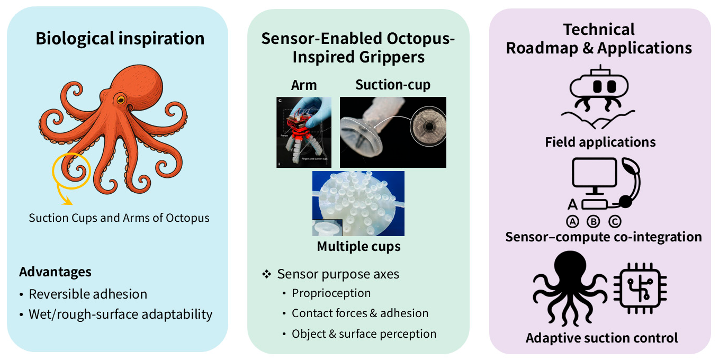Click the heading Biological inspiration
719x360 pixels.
120,39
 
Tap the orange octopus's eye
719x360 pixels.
122,99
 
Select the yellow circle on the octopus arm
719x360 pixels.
71,172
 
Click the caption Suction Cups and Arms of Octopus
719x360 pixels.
119,218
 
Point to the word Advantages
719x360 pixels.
55,272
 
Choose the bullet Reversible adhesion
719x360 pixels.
88,294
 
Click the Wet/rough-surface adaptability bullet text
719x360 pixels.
121,314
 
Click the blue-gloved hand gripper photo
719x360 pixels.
304,132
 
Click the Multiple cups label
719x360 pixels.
358,247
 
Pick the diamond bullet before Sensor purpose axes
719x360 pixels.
266,274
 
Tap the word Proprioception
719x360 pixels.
331,293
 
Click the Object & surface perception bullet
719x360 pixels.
364,334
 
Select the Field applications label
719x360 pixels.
600,142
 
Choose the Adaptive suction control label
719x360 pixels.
601,338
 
